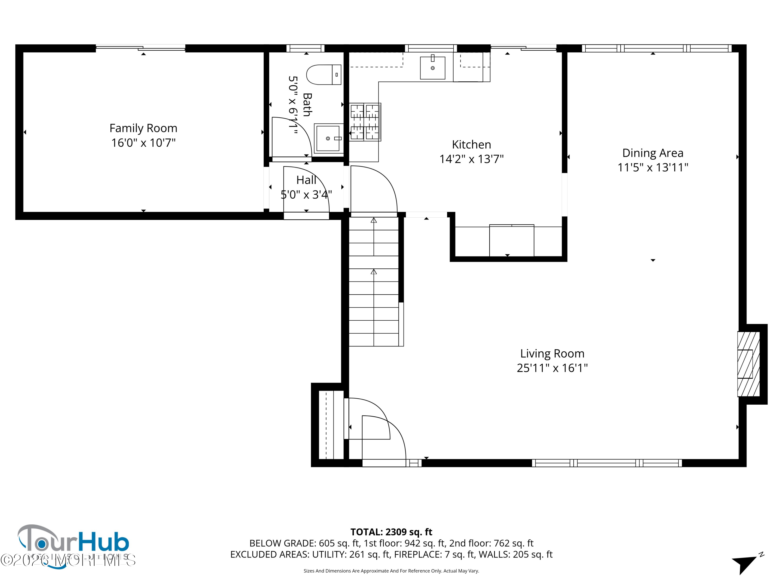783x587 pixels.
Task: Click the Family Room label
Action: pyautogui.click(x=143, y=128)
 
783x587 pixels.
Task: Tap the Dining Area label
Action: pyautogui.click(x=652, y=153)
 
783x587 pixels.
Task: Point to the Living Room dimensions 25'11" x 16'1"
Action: pyautogui.click(x=552, y=368)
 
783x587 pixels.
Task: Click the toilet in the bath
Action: pyautogui.click(x=323, y=75)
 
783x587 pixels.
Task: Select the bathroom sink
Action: pyautogui.click(x=328, y=138)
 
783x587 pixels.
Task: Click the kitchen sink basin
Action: pyautogui.click(x=432, y=68)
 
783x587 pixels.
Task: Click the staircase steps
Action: pyautogui.click(x=373, y=283)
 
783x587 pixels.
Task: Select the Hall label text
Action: pyautogui.click(x=306, y=180)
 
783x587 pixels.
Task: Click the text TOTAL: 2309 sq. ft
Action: pyautogui.click(x=391, y=532)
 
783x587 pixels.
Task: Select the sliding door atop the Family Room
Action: pyautogui.click(x=140, y=48)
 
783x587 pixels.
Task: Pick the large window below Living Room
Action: pyautogui.click(x=607, y=463)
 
